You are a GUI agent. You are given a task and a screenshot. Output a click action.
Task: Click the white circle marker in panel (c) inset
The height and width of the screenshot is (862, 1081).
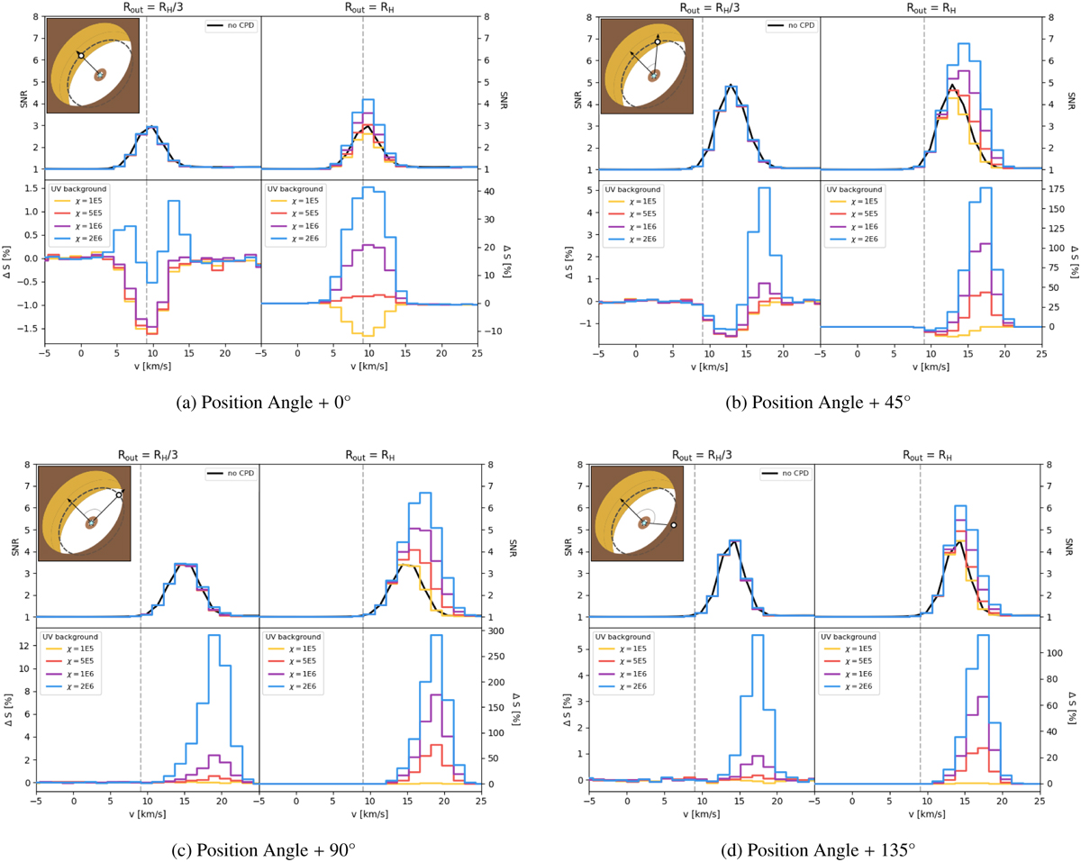(119, 495)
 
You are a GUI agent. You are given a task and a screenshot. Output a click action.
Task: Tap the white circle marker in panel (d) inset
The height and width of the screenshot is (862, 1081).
(673, 524)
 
